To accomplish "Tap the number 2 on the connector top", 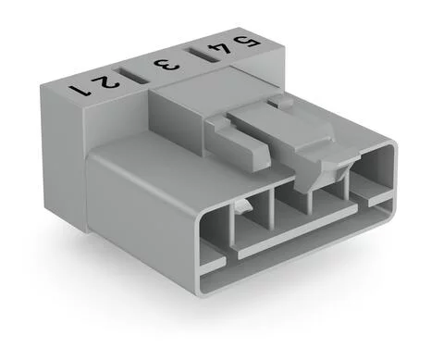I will point(107,80).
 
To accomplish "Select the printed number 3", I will point(166,66).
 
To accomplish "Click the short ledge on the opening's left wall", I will point(212,263).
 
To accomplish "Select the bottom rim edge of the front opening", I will point(296,264).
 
